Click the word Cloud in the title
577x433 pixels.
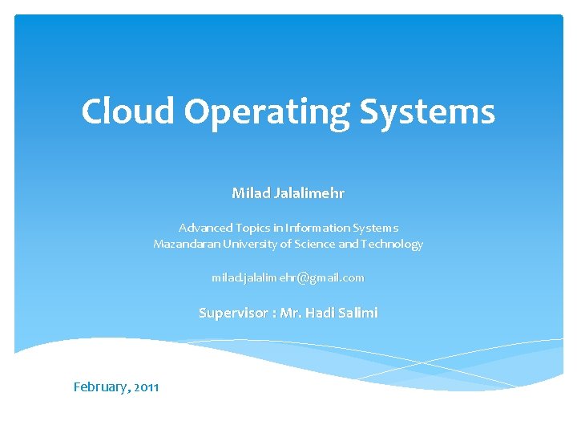coord(127,111)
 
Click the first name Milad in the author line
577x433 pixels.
coord(250,192)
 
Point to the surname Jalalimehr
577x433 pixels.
coord(309,192)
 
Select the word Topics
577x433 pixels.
coord(256,228)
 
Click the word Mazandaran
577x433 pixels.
coord(187,244)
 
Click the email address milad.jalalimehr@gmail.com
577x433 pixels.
coord(288,277)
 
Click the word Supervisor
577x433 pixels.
coord(232,313)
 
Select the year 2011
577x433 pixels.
coord(147,387)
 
